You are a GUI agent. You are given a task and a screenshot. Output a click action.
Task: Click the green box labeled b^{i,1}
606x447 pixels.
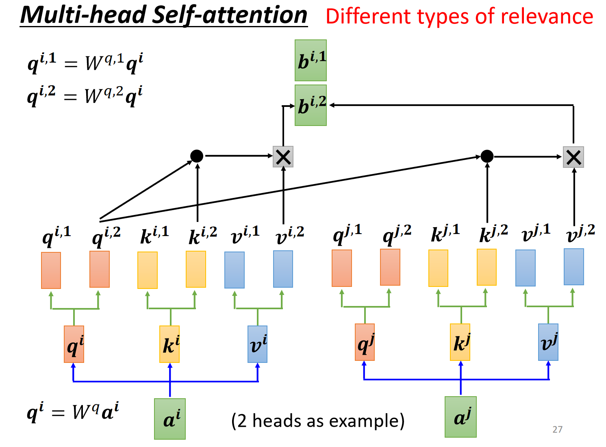pyautogui.click(x=311, y=61)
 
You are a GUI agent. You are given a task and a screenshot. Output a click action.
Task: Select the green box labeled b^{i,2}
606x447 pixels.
pyautogui.click(x=311, y=105)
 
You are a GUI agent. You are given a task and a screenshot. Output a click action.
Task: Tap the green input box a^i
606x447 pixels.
pyautogui.click(x=169, y=419)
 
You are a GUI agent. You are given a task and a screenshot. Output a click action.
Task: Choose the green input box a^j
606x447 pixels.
pyautogui.click(x=460, y=417)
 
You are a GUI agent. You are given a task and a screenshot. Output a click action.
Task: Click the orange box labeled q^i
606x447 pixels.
pyautogui.click(x=74, y=344)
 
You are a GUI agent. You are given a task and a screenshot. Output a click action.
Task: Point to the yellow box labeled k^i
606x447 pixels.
pyautogui.click(x=169, y=344)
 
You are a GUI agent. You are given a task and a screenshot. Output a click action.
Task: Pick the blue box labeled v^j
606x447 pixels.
pyautogui.click(x=548, y=342)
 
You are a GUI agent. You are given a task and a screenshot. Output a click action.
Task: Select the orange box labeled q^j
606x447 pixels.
pyautogui.click(x=365, y=342)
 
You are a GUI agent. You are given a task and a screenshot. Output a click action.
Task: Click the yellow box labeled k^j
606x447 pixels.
pyautogui.click(x=460, y=342)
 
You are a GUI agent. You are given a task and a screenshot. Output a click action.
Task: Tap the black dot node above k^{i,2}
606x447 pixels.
pyautogui.click(x=196, y=156)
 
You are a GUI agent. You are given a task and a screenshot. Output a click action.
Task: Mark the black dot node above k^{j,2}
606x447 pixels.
pyautogui.click(x=487, y=156)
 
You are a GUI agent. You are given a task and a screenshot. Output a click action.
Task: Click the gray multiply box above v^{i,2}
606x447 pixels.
pyautogui.click(x=283, y=156)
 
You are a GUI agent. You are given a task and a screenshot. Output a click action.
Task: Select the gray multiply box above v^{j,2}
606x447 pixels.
pyautogui.click(x=573, y=157)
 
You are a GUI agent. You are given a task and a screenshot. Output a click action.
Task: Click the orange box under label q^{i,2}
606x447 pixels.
pyautogui.click(x=100, y=269)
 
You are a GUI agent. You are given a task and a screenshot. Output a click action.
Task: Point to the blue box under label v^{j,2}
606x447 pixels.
pyautogui.click(x=574, y=267)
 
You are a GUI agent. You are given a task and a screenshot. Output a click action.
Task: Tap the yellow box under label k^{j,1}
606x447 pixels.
pyautogui.click(x=438, y=268)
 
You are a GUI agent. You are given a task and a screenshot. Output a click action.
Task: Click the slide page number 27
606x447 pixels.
pyautogui.click(x=557, y=429)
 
